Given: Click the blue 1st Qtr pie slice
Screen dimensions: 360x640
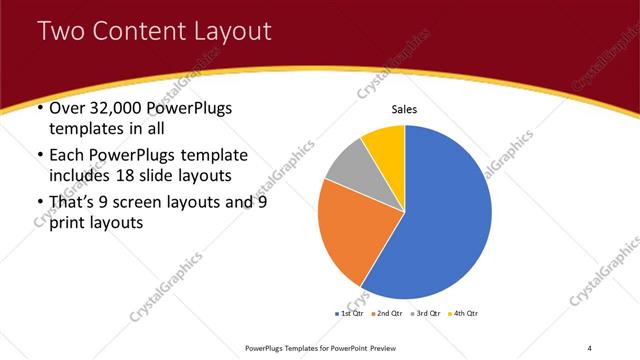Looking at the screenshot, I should [440, 215].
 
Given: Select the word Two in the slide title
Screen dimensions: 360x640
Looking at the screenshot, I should [61, 32].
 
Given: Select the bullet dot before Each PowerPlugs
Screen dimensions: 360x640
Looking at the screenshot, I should [39, 156].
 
